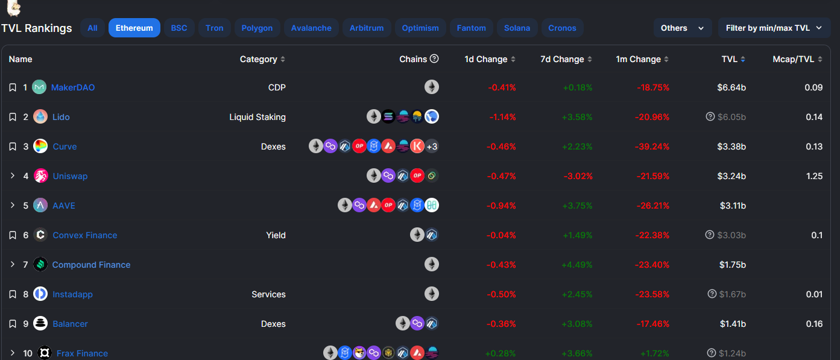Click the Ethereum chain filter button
point(134,28)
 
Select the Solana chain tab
point(517,28)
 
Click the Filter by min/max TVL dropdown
point(774,28)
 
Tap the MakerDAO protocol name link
point(73,87)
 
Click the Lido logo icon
point(40,117)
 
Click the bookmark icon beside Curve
point(13,147)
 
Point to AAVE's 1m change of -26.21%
point(652,206)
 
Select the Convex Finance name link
point(85,235)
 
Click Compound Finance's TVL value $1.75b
point(732,265)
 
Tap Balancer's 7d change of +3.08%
point(577,324)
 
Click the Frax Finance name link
point(82,353)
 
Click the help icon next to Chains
point(434,59)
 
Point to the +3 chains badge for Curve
point(432,147)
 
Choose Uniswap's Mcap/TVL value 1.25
point(814,176)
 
